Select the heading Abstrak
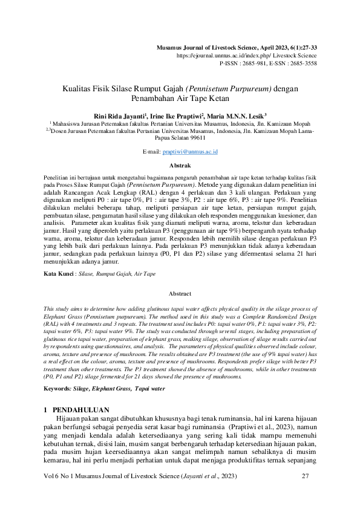pyautogui.click(x=180, y=164)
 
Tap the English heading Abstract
pyautogui.click(x=180, y=293)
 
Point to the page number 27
pyautogui.click(x=305, y=477)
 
